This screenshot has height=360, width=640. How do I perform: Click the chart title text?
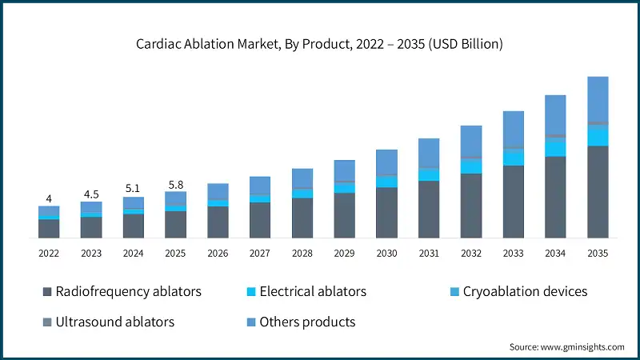[x=319, y=44]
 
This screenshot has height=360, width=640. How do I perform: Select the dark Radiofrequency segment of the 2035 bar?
[x=598, y=192]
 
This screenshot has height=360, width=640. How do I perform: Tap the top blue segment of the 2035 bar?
[x=598, y=99]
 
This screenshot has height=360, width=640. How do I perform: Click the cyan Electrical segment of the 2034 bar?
[x=555, y=148]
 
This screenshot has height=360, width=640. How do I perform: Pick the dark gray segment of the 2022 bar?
[x=49, y=229]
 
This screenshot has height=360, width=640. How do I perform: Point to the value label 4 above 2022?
[x=49, y=198]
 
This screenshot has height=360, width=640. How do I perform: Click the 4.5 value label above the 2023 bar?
[x=91, y=194]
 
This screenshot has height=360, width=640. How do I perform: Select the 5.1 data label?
[x=133, y=189]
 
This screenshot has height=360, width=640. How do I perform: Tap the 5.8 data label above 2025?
[x=175, y=184]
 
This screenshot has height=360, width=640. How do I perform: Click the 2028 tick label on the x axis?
[x=302, y=253]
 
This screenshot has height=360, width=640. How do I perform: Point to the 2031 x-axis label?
[x=429, y=253]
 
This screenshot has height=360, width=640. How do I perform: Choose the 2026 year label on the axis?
[x=218, y=253]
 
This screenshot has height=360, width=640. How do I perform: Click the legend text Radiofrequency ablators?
[x=128, y=291]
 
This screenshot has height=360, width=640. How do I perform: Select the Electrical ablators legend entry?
[x=313, y=291]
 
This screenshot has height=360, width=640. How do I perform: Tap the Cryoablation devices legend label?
[x=525, y=291]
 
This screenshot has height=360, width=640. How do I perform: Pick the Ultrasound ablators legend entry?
[x=115, y=322]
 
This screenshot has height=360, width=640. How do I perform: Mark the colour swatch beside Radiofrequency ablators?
[x=47, y=292]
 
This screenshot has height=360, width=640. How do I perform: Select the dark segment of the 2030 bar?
[x=386, y=213]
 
